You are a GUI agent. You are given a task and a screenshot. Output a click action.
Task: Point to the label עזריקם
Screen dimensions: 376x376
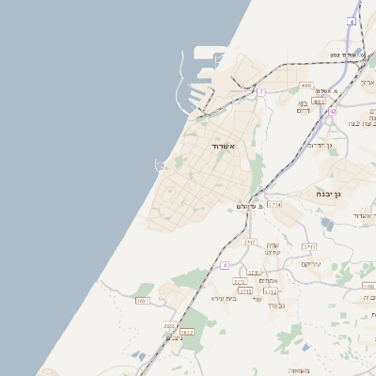pos(311,264)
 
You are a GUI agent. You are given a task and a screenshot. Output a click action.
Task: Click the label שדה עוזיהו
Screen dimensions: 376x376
pos(274,249)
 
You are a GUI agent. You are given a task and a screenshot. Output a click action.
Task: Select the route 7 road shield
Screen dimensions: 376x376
pos(261,91)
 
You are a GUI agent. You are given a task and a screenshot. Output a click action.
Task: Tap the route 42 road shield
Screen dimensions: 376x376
pos(333,111)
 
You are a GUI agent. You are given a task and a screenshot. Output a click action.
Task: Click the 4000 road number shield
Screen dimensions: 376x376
pos(306,86)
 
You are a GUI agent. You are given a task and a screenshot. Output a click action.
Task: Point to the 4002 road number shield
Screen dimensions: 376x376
pos(319,101)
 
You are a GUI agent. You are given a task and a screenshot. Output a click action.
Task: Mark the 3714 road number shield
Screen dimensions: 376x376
pos(274,204)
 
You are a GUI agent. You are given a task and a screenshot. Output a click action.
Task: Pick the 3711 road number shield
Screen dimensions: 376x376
pos(309,247)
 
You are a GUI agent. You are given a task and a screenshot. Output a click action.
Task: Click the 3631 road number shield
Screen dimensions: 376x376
pos(143,301)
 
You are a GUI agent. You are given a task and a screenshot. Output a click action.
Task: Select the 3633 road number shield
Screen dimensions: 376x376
pos(169,326)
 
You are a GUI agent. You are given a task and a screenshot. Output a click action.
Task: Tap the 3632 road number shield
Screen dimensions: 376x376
pos(186,332)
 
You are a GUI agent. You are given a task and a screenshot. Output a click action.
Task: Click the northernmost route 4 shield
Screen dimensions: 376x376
pos(352,21)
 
